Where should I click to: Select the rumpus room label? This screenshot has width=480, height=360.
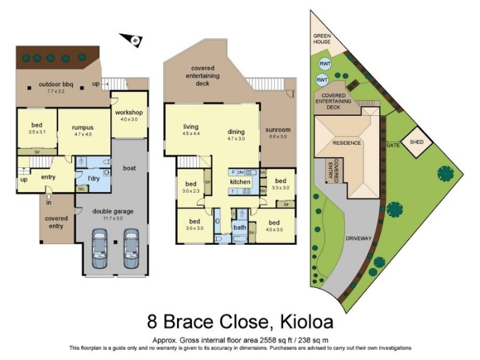[x=83, y=127]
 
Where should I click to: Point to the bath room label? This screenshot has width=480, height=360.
[x=240, y=227]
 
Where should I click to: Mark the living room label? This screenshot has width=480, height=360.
[x=191, y=127]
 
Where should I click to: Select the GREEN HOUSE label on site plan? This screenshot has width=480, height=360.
[x=325, y=39]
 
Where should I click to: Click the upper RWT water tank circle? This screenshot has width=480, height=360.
[x=325, y=64]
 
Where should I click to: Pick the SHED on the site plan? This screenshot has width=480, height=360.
[x=416, y=142]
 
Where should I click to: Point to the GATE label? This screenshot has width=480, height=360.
[x=394, y=145]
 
